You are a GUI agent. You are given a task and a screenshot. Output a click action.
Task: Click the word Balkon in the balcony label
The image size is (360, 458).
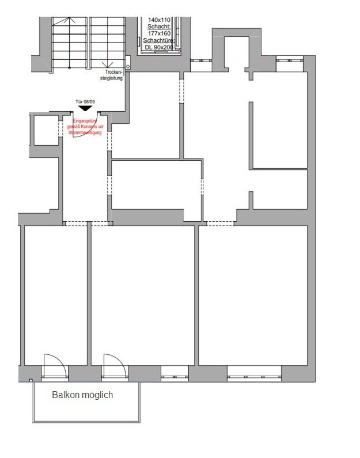(x=65, y=395)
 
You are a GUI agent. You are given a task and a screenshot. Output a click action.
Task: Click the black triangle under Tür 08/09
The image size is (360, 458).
(x=85, y=108)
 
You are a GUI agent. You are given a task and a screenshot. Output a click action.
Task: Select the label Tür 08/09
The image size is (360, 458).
(x=85, y=101)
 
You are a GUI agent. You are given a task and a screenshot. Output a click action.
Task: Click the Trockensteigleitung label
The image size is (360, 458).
(x=113, y=75)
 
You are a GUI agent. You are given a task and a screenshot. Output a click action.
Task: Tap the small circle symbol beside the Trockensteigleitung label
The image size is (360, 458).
(x=128, y=67)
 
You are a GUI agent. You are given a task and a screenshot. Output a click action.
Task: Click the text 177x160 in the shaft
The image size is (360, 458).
(x=159, y=33)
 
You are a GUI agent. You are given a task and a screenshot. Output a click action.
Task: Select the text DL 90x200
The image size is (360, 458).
(x=159, y=47)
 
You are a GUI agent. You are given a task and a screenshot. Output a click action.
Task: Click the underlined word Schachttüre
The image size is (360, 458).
(x=159, y=40)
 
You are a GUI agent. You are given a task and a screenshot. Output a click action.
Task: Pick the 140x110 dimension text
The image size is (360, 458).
(x=159, y=20)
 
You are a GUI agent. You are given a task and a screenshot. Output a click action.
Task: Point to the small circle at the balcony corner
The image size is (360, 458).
(x=31, y=380)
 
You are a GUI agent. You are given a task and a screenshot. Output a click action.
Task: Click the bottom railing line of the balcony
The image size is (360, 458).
(x=86, y=422)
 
